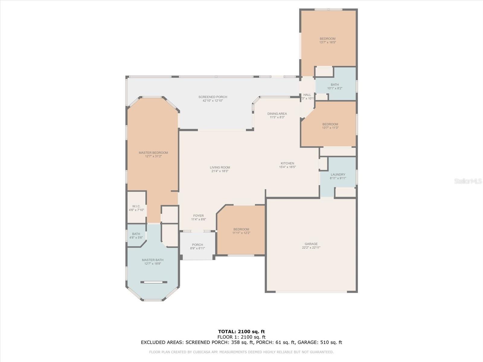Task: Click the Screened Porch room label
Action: tap(213, 97)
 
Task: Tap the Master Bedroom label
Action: tap(153, 153)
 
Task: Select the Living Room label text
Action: tap(220, 167)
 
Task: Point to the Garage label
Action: tap(311, 244)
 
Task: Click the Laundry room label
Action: tap(338, 175)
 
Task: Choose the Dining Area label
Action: tap(277, 114)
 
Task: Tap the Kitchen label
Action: tap(287, 163)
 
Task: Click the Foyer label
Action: tap(198, 216)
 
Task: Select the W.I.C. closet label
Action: tap(136, 206)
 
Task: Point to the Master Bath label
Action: tap(153, 260)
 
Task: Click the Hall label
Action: tap(307, 95)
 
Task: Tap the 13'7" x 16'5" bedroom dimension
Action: tap(328, 43)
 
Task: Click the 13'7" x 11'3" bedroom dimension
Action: tap(330, 128)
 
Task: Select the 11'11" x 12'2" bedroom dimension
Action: tap(241, 233)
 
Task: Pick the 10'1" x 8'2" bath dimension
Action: tap(335, 88)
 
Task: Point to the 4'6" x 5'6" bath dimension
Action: tap(136, 237)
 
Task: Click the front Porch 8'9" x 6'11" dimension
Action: tap(198, 248)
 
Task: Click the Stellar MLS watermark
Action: tap(468, 181)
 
